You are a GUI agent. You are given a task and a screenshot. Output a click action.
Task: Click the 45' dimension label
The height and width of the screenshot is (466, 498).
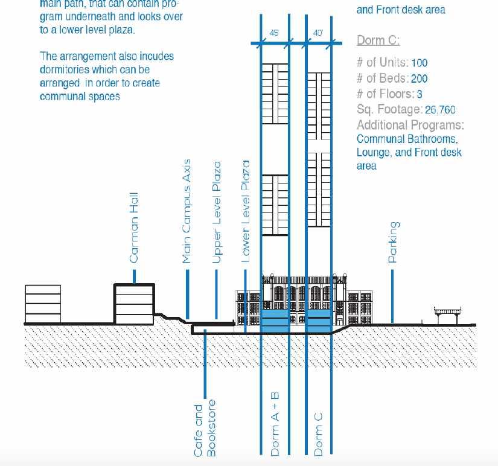273,33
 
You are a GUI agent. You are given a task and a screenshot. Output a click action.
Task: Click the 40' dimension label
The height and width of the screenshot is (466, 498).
318,33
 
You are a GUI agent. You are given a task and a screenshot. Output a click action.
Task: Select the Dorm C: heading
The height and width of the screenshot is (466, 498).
378,40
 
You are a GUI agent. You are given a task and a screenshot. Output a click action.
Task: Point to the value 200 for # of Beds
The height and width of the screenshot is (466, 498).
419,78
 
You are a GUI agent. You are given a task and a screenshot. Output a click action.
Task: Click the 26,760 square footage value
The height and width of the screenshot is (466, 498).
440,110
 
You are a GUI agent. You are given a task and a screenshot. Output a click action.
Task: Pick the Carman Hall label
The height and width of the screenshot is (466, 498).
134,228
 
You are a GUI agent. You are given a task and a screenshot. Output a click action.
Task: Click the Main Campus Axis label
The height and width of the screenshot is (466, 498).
187,211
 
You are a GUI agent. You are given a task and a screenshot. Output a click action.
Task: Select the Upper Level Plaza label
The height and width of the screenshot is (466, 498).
216,212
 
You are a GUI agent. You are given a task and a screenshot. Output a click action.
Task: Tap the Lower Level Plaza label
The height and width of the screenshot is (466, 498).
245,211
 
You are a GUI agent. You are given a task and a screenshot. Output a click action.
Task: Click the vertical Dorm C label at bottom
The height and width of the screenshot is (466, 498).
318,433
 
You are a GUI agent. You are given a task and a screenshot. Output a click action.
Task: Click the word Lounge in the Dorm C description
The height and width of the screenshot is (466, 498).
375,153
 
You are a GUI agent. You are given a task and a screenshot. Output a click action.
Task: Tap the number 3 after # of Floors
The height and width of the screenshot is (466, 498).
420,94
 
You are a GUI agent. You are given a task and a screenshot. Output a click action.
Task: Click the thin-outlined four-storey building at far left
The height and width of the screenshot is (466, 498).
43,304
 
